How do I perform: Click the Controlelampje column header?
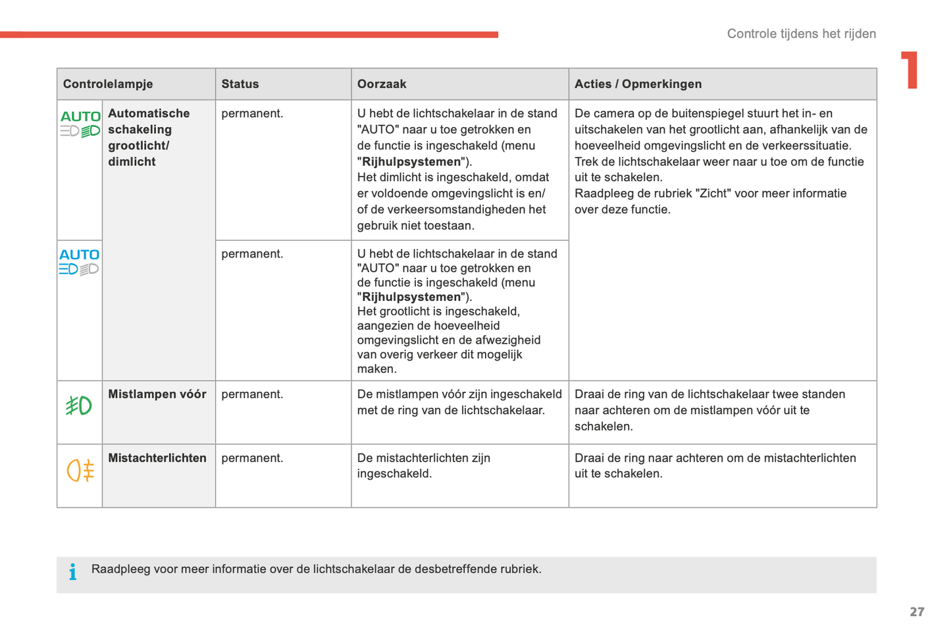(x=108, y=84)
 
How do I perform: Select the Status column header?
(x=240, y=84)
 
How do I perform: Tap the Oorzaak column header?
(x=382, y=84)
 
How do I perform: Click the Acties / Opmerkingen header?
(x=638, y=84)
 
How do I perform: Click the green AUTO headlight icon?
(x=80, y=124)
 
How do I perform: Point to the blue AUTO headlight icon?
(x=79, y=262)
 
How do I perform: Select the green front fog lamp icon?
(x=79, y=406)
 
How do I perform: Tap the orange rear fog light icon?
(x=80, y=470)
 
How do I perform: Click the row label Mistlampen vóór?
(x=157, y=394)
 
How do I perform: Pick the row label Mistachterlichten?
(x=157, y=458)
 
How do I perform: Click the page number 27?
(x=917, y=612)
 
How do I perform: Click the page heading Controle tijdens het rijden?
(x=801, y=34)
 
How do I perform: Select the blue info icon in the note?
(x=73, y=571)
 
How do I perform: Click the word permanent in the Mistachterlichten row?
(x=251, y=458)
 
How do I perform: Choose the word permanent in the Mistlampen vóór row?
(x=251, y=394)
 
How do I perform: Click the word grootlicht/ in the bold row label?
(x=138, y=145)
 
